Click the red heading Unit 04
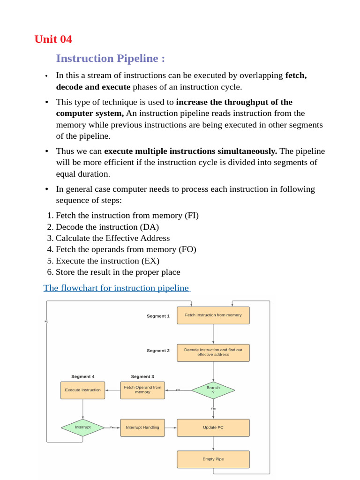point(53,39)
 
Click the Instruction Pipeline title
point(110,59)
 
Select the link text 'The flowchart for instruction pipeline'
point(116,288)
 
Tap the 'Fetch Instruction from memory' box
point(213,315)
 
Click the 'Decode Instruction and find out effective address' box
point(213,352)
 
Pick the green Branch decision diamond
point(213,390)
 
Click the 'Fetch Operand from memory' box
point(142,390)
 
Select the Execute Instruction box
point(83,390)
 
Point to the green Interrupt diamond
point(83,427)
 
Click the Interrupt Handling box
point(142,427)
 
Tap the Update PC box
point(213,427)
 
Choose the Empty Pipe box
point(213,459)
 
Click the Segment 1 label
point(158,316)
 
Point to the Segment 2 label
point(158,351)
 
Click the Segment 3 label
point(142,376)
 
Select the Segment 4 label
point(83,376)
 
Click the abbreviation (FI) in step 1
point(191,216)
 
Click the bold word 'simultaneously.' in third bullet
point(247,151)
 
